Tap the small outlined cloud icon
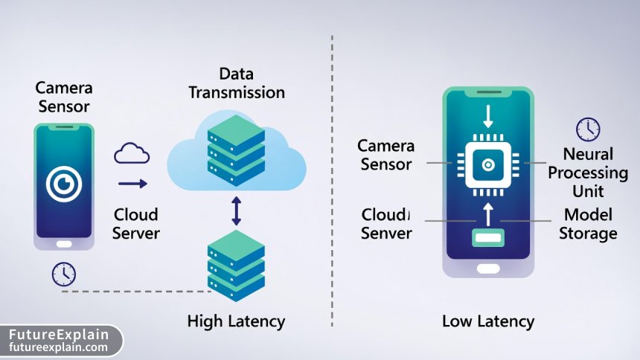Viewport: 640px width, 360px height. [132, 154]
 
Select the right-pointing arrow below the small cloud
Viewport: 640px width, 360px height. [132, 184]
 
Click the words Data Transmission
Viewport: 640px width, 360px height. [236, 83]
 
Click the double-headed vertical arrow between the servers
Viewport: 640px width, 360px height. [237, 210]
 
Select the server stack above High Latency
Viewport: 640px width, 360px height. [236, 264]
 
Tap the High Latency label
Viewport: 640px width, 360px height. [236, 321]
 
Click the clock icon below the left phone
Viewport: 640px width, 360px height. [63, 274]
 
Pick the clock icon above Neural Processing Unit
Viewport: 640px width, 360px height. [588, 129]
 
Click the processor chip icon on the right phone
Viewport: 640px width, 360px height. [488, 164]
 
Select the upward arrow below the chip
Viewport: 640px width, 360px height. [488, 214]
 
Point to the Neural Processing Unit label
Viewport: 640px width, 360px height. [588, 173]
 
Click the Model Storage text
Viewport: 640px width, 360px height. [588, 224]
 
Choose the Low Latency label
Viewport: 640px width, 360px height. [488, 321]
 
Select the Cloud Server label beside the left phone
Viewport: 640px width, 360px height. [136, 224]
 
